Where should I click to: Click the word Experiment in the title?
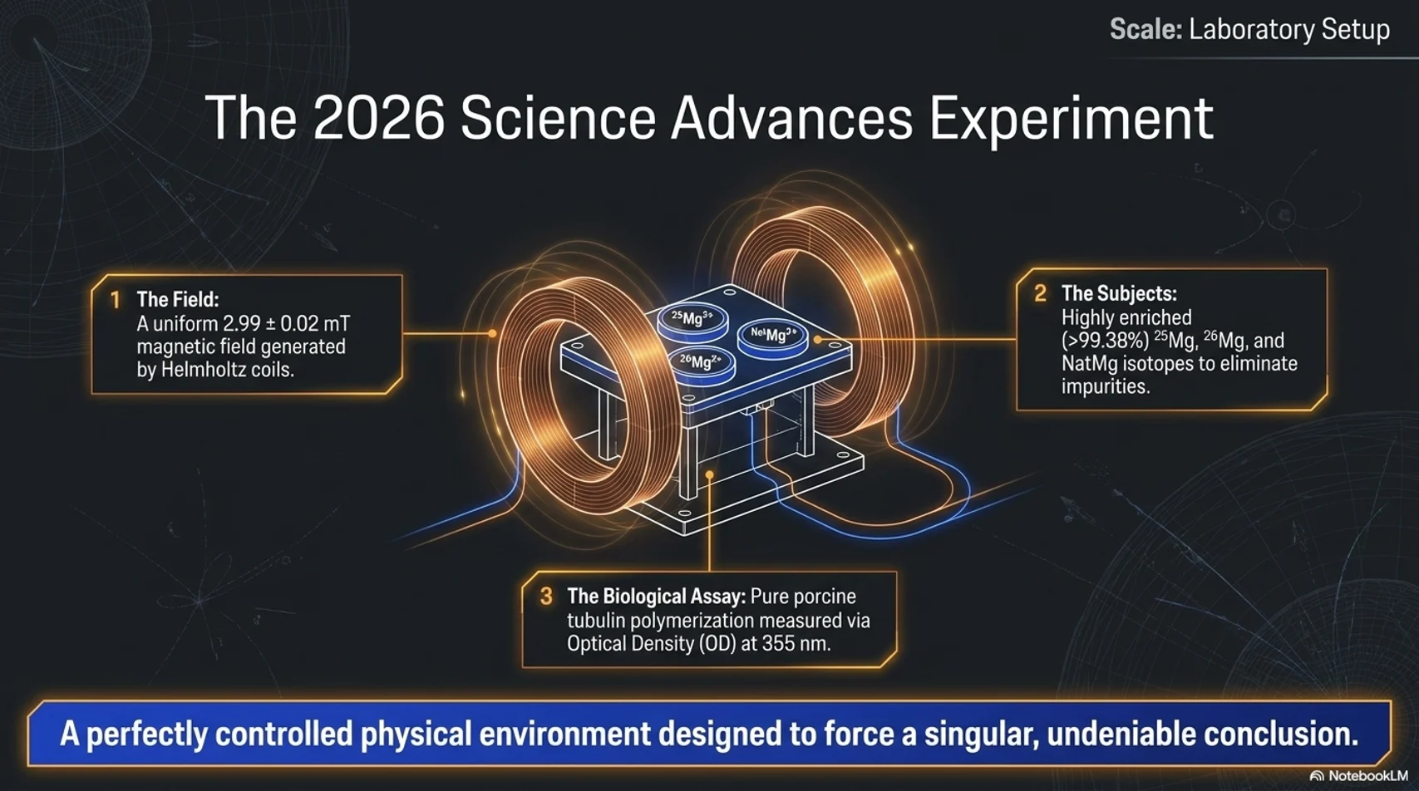click(x=1071, y=119)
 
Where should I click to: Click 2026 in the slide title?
click(x=378, y=119)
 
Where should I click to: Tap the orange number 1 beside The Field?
click(x=116, y=300)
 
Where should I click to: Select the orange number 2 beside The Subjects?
click(x=1040, y=293)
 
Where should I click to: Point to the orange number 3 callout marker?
click(x=546, y=596)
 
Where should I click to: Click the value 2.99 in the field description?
click(x=242, y=323)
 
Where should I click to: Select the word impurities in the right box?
click(x=1106, y=387)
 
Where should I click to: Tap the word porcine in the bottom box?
click(x=824, y=597)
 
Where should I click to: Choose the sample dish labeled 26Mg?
click(x=701, y=364)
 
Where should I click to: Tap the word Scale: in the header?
click(x=1146, y=30)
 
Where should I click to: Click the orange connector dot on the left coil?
click(x=492, y=333)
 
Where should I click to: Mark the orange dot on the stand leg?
click(x=710, y=475)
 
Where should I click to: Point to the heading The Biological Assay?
click(x=656, y=597)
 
